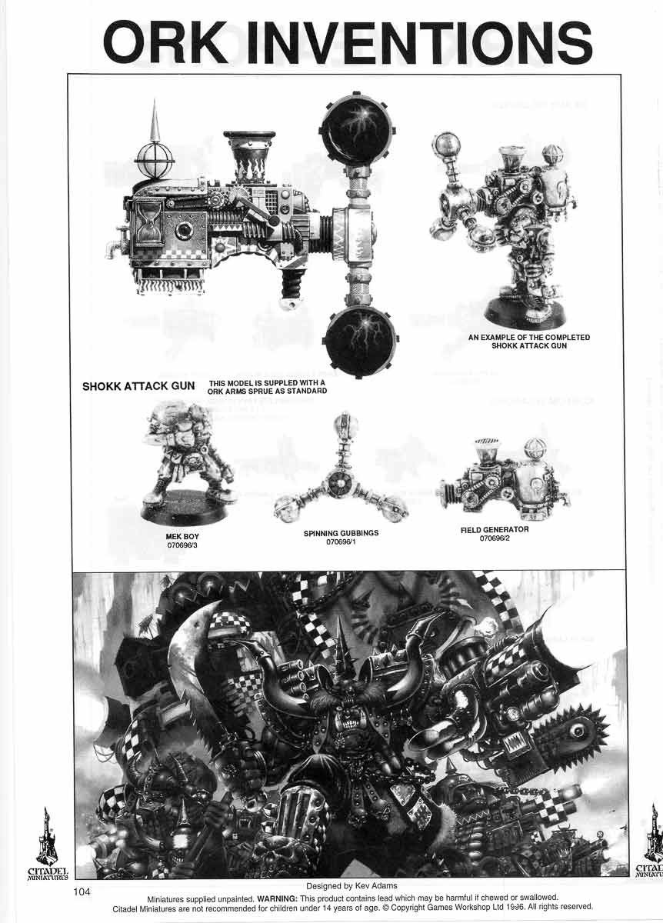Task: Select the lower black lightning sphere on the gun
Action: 360,340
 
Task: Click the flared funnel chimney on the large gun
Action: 248,147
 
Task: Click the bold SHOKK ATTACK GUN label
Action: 138,386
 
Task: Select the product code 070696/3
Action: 182,545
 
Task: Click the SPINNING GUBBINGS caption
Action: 340,532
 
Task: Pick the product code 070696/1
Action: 340,541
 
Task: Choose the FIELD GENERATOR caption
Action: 495,529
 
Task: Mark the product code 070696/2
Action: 495,538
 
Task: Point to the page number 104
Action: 83,892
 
